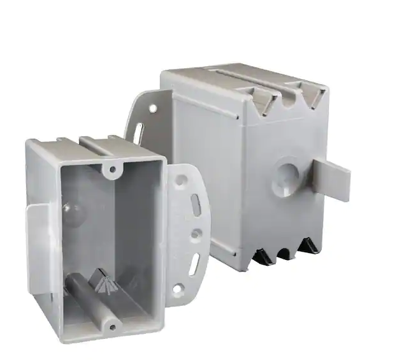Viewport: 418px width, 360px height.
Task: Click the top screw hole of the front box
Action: (x=113, y=169)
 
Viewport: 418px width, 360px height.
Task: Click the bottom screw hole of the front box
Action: (x=112, y=327)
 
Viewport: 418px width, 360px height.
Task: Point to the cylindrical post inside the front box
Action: (x=96, y=299)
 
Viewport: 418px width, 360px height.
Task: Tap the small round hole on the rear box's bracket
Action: (x=154, y=109)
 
